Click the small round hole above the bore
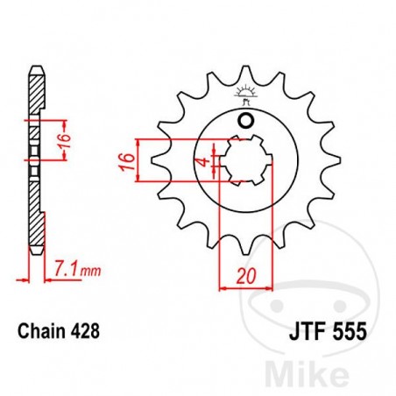coord(246,121)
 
